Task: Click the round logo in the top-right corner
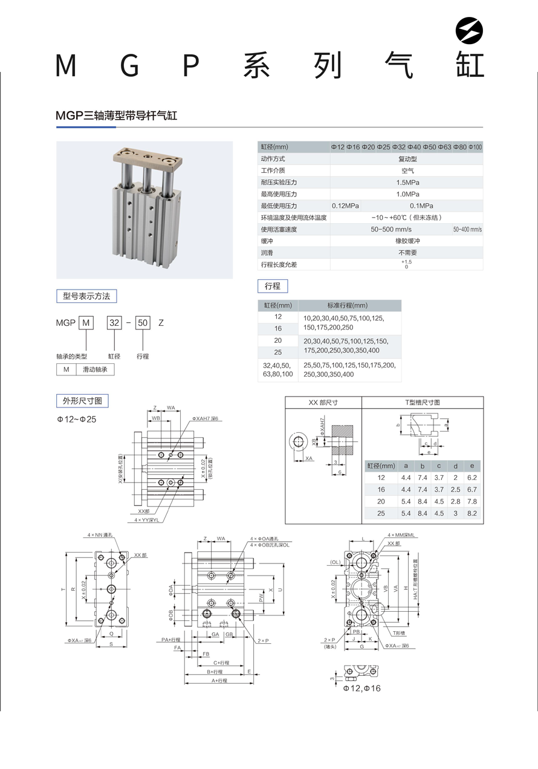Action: [x=470, y=30]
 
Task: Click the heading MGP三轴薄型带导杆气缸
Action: [x=117, y=115]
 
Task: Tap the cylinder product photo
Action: [x=144, y=210]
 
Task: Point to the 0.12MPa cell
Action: [x=345, y=206]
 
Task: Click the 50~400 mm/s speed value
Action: [x=467, y=230]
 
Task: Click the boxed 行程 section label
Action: [x=273, y=286]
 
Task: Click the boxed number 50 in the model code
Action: [x=143, y=323]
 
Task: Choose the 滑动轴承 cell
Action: [x=95, y=369]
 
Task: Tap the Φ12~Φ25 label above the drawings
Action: [x=77, y=419]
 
